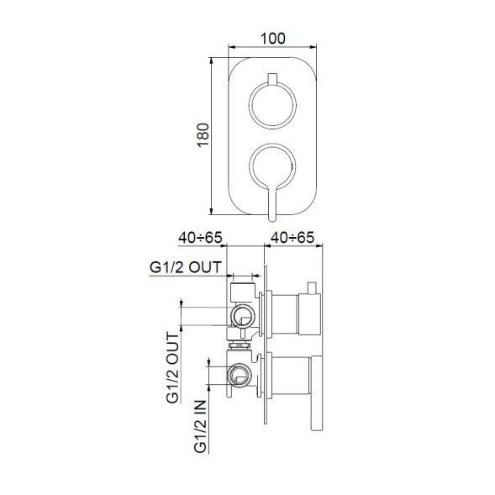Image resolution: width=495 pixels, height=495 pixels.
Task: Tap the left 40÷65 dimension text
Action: (198, 238)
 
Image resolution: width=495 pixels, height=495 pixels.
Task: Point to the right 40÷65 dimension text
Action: (291, 238)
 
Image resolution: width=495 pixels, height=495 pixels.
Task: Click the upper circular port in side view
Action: (243, 317)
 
